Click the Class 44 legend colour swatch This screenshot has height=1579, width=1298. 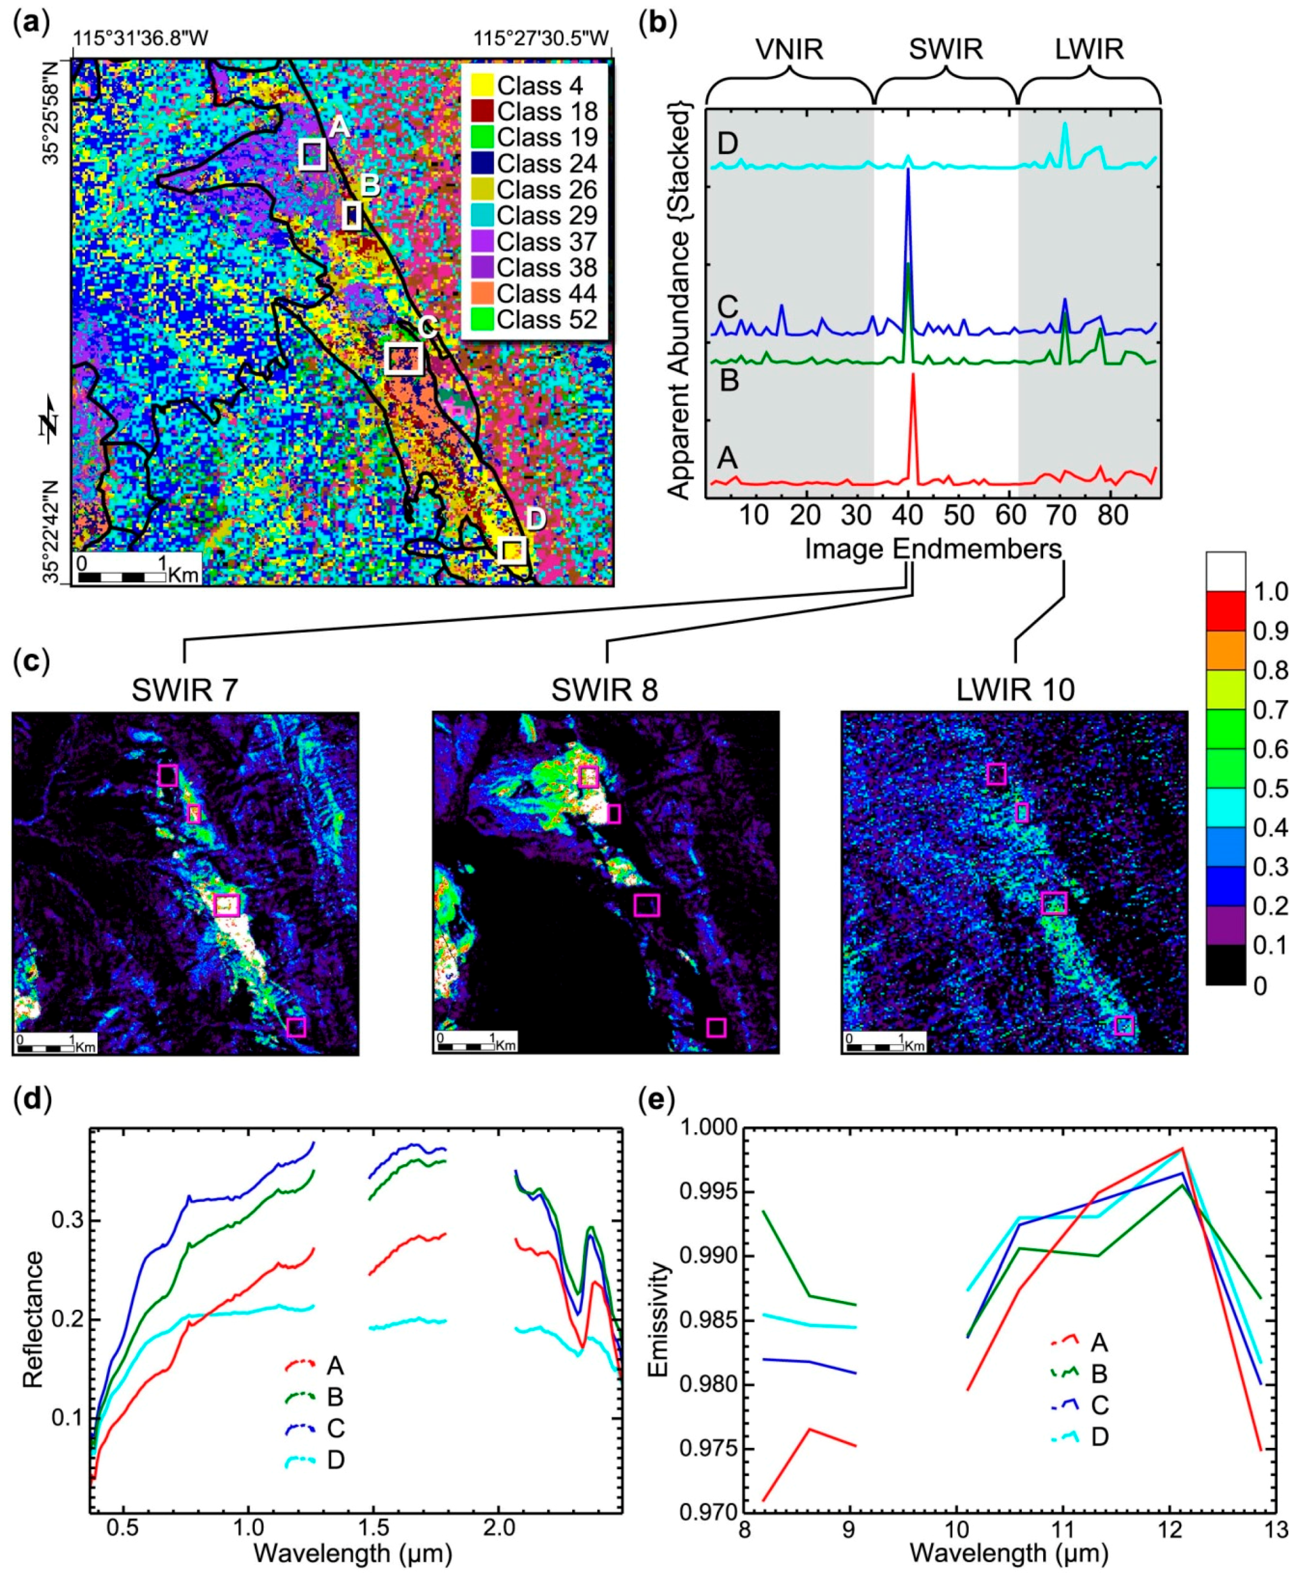click(x=481, y=293)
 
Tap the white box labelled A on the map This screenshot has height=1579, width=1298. click(x=312, y=153)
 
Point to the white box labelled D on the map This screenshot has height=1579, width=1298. click(x=512, y=550)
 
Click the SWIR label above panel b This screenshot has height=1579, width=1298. click(x=945, y=50)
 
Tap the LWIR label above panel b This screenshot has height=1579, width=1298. click(x=1089, y=50)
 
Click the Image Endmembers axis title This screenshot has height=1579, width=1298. click(x=933, y=549)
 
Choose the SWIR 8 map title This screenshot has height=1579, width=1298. click(x=604, y=689)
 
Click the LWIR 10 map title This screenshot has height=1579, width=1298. click(x=1015, y=689)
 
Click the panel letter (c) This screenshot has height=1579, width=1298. click(x=31, y=662)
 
